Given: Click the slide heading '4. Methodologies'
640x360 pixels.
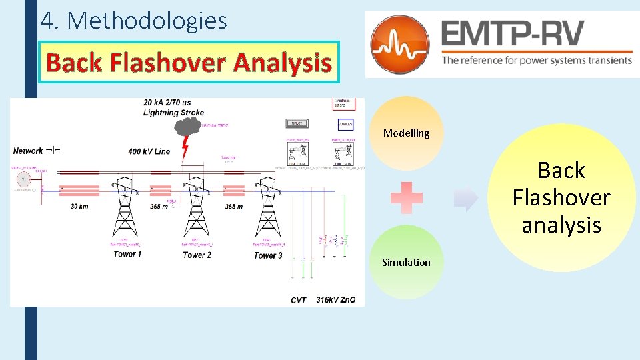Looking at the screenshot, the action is point(133,21).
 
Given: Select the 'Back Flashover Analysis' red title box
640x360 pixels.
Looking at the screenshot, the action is point(189,63).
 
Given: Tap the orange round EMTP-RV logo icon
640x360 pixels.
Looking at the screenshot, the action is point(400,43).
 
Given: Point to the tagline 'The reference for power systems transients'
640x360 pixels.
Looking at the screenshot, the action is point(537,60).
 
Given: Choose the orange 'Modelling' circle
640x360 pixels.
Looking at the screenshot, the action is point(406,133).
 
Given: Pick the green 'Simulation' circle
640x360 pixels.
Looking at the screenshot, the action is point(406,262).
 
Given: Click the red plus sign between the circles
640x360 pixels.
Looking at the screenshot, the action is point(407,198).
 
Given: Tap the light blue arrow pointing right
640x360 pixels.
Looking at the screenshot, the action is point(467,198).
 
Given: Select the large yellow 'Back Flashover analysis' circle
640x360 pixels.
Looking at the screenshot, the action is point(561,197).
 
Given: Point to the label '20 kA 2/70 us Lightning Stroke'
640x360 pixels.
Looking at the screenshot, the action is point(173,107).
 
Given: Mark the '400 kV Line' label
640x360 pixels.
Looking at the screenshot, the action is point(149,151).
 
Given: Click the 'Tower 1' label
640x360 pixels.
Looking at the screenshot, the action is point(127,254).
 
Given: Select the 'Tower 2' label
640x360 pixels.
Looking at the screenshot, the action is point(197,255).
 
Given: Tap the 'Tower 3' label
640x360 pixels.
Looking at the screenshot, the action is point(268,255).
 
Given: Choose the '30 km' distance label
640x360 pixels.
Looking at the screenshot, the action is point(80,207).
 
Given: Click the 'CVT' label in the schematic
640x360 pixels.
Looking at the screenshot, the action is point(299,300).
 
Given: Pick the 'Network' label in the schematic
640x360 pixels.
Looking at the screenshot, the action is point(28,151).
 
